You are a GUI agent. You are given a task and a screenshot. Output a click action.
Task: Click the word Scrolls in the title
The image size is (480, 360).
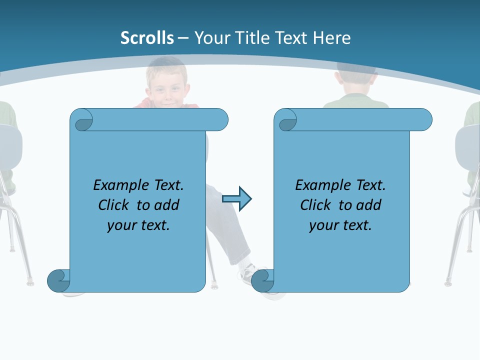pos(147,38)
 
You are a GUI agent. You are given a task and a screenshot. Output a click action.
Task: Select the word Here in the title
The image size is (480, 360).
pos(331,38)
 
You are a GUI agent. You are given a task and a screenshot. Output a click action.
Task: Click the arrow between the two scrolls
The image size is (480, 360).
pos(236,199)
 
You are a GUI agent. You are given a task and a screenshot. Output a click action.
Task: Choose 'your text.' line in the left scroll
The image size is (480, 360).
pos(138,225)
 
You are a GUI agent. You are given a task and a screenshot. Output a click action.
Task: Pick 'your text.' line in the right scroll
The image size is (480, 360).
pos(340,225)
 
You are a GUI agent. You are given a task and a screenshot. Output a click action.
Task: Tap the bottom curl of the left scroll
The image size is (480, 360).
pos(58,280)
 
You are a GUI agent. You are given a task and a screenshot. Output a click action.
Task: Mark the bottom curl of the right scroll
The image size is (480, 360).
pos(262,280)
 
